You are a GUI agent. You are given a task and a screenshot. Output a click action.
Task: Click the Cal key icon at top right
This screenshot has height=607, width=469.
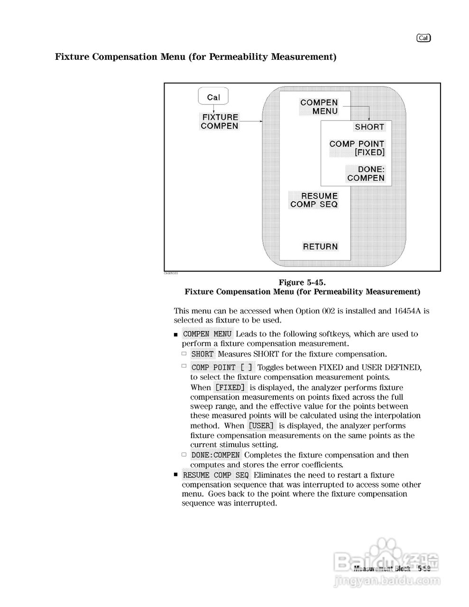tap(423, 38)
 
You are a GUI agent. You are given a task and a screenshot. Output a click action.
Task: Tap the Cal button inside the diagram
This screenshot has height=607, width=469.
tap(213, 97)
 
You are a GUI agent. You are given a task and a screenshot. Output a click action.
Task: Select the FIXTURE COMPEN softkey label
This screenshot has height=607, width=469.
tap(220, 121)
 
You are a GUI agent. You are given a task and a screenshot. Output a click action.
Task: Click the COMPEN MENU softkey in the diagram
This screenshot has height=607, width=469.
tap(319, 107)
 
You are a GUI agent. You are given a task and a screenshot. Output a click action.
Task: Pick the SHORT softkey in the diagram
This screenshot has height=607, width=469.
tap(369, 127)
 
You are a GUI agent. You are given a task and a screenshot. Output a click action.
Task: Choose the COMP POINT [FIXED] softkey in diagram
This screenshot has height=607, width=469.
tap(357, 148)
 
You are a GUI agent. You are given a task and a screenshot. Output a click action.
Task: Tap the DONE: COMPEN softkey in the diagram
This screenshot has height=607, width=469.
tap(366, 174)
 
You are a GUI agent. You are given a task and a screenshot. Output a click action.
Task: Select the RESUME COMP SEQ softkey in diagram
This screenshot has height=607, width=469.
tap(314, 200)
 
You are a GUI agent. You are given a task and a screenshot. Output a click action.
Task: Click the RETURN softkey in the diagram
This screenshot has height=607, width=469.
tap(321, 247)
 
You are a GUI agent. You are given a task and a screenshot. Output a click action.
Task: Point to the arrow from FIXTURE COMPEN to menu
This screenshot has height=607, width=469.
tap(251, 121)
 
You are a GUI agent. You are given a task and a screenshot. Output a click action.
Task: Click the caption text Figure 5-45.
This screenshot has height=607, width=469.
tap(302, 283)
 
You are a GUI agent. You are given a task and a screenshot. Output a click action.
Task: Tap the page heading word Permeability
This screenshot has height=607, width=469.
tap(239, 57)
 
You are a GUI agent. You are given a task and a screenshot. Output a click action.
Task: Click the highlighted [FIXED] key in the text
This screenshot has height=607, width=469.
tap(230, 387)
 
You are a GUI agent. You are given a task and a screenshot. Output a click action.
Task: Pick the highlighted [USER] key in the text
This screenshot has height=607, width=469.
tap(261, 426)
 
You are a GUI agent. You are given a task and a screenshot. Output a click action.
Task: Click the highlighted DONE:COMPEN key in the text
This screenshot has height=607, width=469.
tap(216, 455)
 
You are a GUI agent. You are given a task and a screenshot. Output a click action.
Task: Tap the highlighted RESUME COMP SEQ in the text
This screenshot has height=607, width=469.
tap(216, 475)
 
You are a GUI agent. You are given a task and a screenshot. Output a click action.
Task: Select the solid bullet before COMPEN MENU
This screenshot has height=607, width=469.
tap(176, 335)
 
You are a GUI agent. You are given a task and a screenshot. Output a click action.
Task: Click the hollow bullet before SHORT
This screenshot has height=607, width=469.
tap(184, 354)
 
